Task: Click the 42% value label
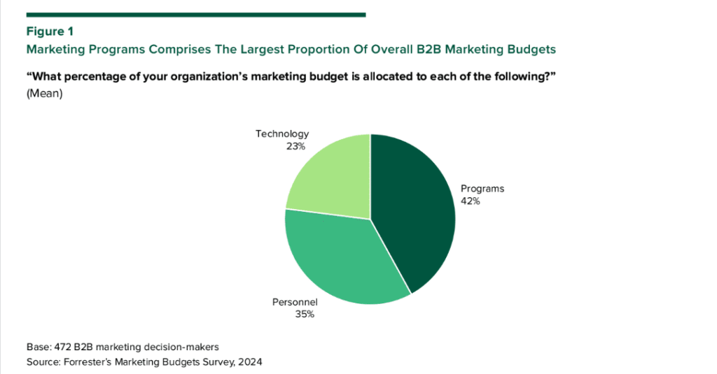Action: tap(470, 201)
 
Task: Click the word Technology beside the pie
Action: tap(281, 134)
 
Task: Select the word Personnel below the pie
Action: tap(295, 302)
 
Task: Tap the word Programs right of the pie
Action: tap(482, 189)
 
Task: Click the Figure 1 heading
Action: tap(50, 31)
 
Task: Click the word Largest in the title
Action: tap(265, 50)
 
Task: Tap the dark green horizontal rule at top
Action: tap(196, 14)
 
